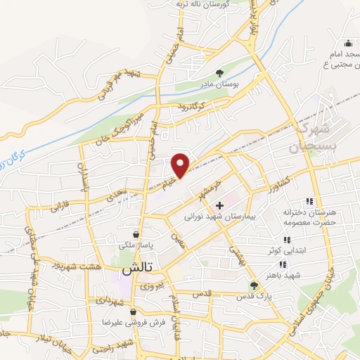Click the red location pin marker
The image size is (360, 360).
pyautogui.click(x=181, y=165)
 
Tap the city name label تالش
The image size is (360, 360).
pyautogui.click(x=137, y=269)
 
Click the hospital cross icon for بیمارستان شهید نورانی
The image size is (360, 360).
pyautogui.click(x=220, y=205)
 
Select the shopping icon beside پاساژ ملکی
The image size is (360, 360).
pyautogui.click(x=136, y=234)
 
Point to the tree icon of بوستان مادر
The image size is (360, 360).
pyautogui.click(x=220, y=72)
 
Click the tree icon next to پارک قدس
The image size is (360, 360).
pyautogui.click(x=254, y=285)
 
